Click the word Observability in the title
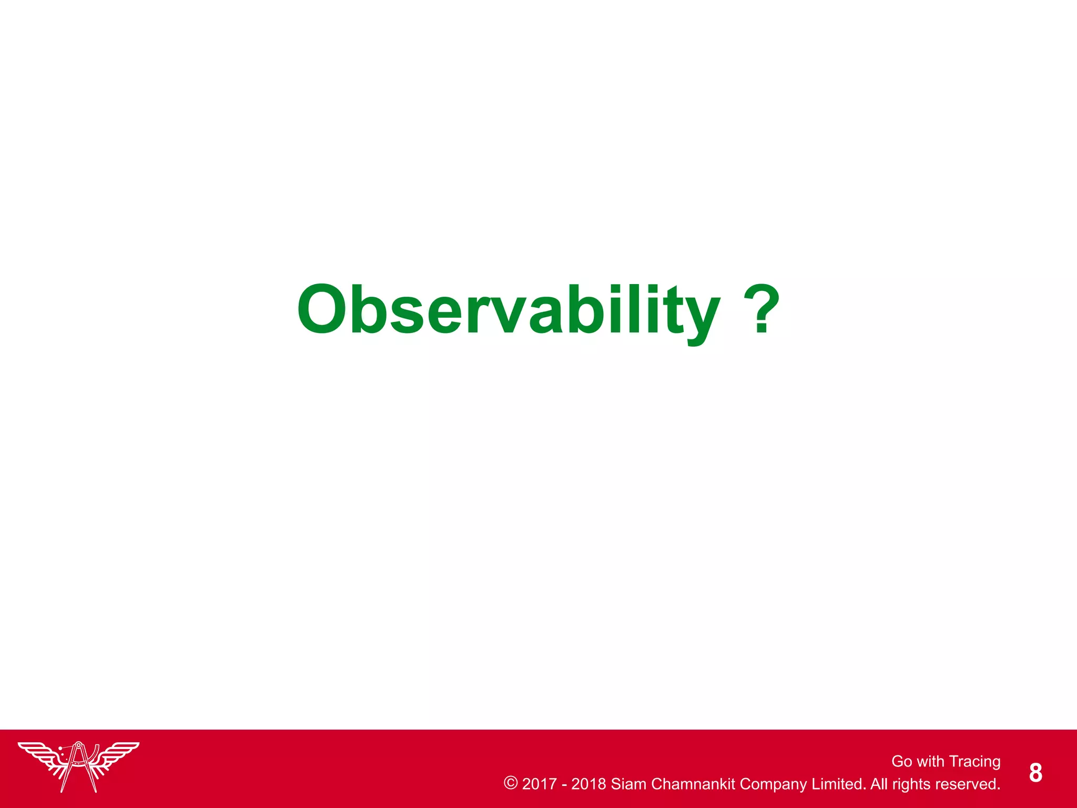coord(508,310)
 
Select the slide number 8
coord(1035,773)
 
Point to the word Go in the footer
coord(901,761)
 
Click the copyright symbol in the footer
coord(510,783)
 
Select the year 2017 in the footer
coord(539,784)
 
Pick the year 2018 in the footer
coord(588,784)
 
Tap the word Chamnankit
coord(693,784)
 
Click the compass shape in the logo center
coord(79,765)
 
